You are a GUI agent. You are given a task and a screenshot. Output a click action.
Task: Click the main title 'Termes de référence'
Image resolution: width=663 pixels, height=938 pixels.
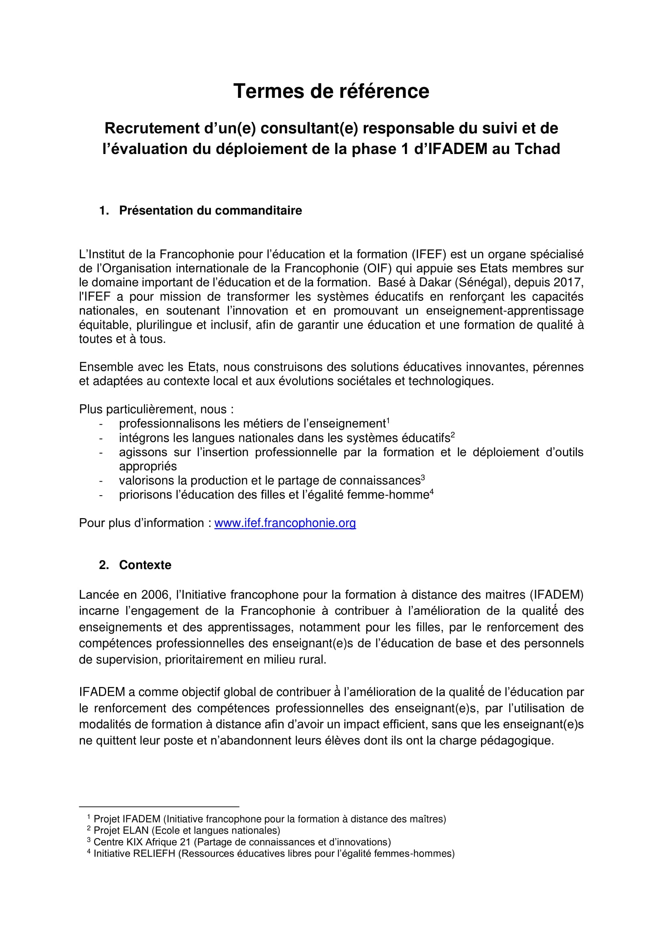pyautogui.click(x=331, y=91)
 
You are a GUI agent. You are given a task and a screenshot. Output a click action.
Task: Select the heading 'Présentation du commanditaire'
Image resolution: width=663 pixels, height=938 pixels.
pyautogui.click(x=210, y=211)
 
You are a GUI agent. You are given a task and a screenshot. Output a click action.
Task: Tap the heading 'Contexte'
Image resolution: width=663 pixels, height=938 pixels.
pyautogui.click(x=145, y=565)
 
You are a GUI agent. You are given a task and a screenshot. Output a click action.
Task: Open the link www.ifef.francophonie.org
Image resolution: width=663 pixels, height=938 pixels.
pyautogui.click(x=285, y=523)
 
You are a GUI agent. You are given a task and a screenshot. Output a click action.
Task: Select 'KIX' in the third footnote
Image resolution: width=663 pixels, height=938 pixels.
pyautogui.click(x=135, y=842)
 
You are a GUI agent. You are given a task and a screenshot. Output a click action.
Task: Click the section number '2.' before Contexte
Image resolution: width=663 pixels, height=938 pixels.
pyautogui.click(x=104, y=565)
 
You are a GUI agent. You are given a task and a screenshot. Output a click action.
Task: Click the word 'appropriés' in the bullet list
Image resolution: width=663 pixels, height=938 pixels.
pyautogui.click(x=148, y=466)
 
